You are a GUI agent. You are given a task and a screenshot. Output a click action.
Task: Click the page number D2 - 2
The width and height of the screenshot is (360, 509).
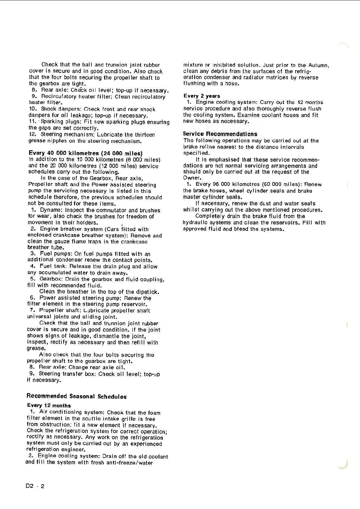pos(35,486)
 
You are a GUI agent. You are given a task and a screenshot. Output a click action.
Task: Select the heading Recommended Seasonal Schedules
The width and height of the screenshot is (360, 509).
pos(77,396)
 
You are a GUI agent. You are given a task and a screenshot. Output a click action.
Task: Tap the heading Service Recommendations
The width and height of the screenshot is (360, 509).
pos(220,134)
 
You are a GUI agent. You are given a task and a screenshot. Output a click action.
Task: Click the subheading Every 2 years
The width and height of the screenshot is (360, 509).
pos(202,96)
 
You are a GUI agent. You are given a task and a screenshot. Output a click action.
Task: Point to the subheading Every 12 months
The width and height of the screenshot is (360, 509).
pos(49,405)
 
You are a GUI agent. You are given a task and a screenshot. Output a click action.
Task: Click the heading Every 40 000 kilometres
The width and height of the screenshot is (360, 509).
pos(85,153)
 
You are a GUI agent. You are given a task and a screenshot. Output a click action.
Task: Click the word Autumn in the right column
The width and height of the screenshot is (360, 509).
pos(318,65)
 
